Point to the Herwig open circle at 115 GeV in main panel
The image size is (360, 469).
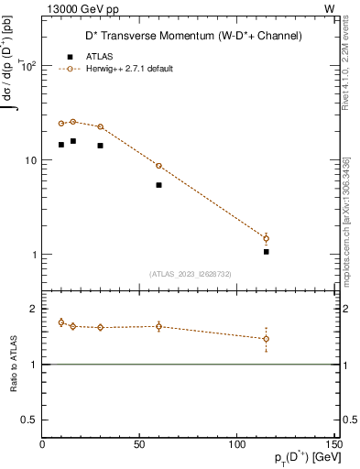tap(267, 238)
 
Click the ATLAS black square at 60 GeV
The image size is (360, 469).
tap(158, 185)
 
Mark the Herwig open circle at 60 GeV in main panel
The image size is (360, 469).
tap(158, 166)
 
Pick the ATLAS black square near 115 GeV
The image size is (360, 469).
tap(267, 251)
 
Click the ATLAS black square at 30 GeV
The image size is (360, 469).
tap(101, 146)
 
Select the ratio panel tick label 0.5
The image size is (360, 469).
tap(28, 420)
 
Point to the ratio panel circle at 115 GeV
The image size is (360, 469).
tap(267, 339)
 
